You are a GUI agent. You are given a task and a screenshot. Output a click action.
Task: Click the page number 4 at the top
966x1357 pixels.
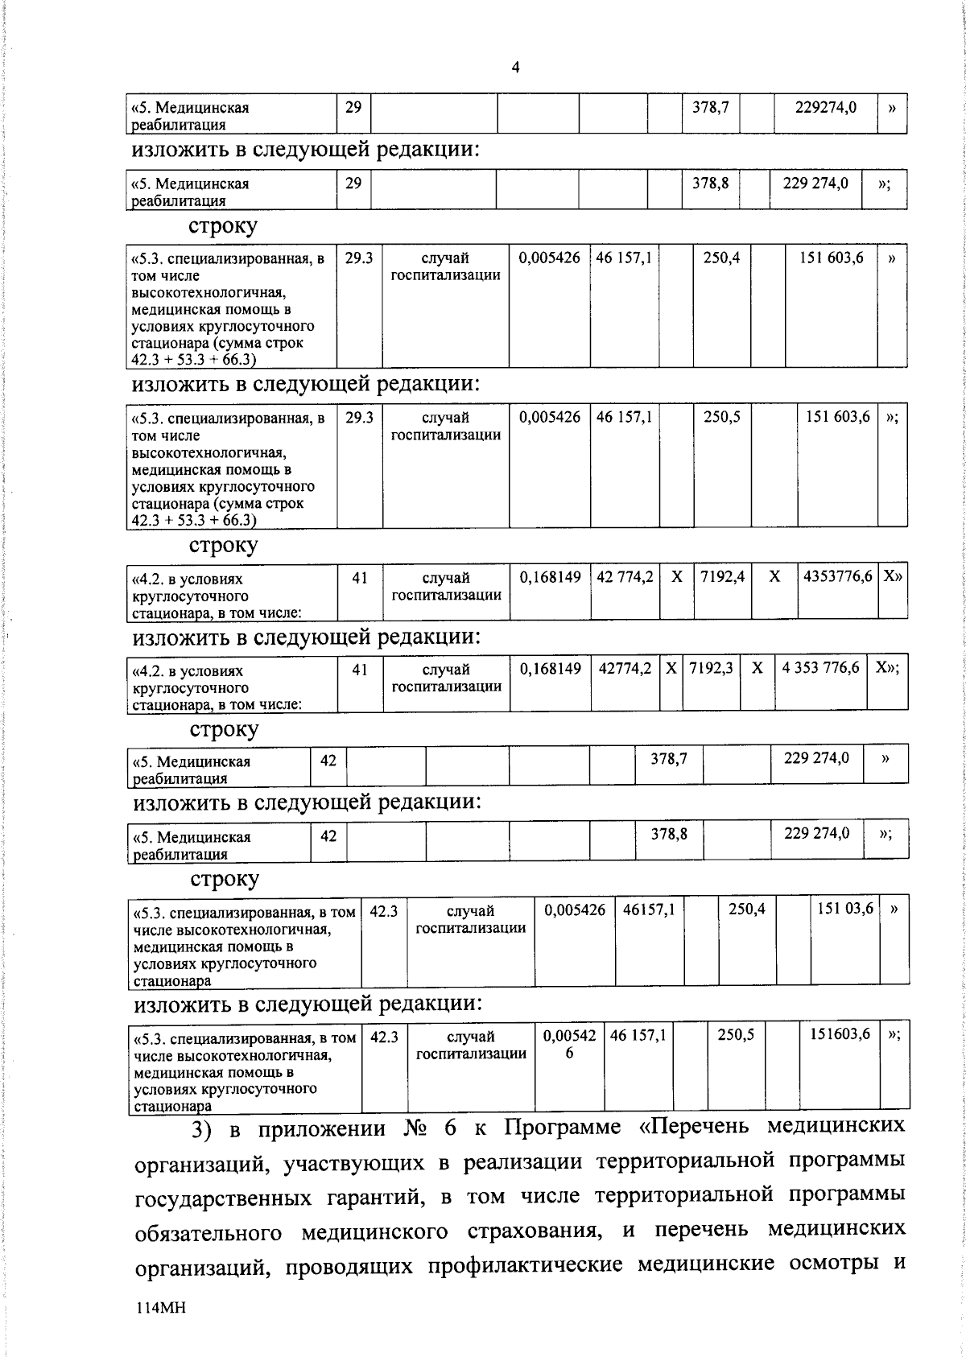pos(515,68)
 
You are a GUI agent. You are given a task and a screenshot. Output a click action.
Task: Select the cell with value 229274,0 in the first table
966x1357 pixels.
pos(825,107)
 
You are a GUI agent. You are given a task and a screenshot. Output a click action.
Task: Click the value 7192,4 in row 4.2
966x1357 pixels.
pos(721,577)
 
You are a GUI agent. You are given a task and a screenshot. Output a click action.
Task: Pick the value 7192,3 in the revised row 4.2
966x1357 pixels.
pos(710,668)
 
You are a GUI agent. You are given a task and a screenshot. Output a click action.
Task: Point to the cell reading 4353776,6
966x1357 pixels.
pos(837,577)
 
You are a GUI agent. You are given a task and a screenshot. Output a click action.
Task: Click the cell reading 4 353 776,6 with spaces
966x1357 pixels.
pos(820,668)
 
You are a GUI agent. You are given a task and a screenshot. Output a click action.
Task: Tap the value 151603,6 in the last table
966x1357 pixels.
pos(839,1034)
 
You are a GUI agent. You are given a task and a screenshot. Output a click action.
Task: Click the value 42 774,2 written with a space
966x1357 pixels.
pos(624,577)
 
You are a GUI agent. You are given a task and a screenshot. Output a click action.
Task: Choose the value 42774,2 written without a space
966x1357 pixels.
pos(625,668)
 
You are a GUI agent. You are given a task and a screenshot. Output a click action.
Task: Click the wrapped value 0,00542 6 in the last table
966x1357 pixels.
pos(569,1044)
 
